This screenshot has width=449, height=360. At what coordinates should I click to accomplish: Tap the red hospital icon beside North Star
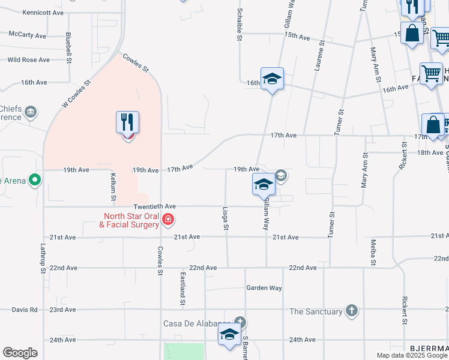(169, 220)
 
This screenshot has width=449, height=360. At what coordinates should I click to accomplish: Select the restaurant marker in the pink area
(128, 124)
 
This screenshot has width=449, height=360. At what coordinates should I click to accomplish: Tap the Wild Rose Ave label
(28, 60)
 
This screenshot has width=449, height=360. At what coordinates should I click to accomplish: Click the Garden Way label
(264, 288)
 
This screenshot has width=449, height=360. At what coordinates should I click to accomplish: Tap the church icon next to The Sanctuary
(352, 311)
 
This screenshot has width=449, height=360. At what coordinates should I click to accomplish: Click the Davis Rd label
(24, 310)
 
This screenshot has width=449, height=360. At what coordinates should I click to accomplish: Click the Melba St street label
(373, 252)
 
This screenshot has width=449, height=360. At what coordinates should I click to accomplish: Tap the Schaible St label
(239, 25)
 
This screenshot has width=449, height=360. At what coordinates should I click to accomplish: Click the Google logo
(20, 353)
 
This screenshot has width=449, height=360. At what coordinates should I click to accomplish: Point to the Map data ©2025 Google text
(411, 355)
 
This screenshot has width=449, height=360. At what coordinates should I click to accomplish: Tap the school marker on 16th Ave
(272, 80)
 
